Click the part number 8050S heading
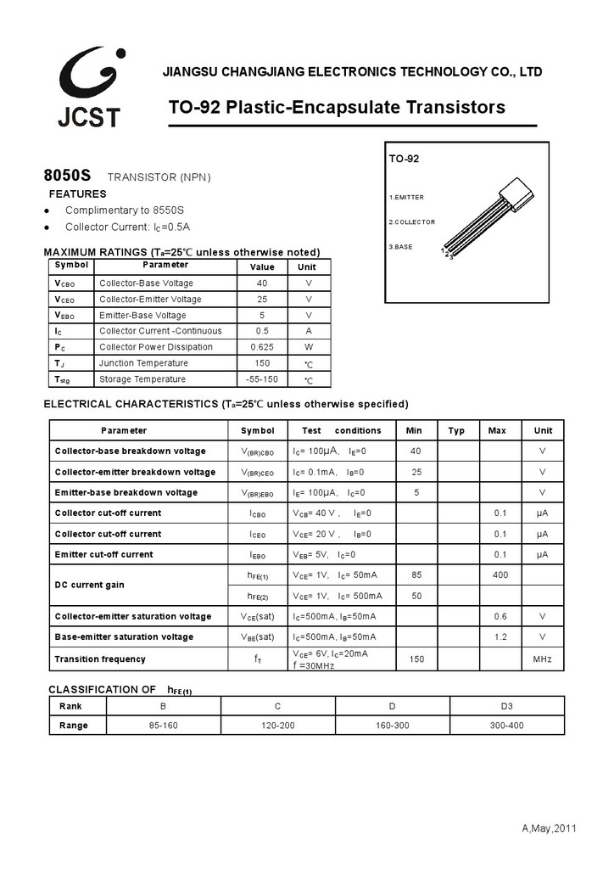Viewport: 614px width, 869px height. pyautogui.click(x=67, y=177)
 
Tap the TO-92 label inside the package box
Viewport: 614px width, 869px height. pyautogui.click(x=404, y=159)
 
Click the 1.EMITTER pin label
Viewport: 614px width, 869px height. pyautogui.click(x=406, y=197)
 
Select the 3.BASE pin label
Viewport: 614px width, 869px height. pyautogui.click(x=401, y=246)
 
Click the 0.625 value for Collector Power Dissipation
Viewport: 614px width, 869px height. pyautogui.click(x=262, y=347)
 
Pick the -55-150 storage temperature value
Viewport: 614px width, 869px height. pyautogui.click(x=262, y=379)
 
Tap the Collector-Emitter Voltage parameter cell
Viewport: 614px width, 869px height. pyautogui.click(x=150, y=300)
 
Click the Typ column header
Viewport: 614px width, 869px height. pyautogui.click(x=456, y=430)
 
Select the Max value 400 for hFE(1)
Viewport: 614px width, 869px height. pyautogui.click(x=500, y=575)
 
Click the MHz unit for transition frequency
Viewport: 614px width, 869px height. pyautogui.click(x=543, y=659)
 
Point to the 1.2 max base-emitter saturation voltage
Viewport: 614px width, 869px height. pyautogui.click(x=500, y=636)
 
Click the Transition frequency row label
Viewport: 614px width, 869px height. pyautogui.click(x=100, y=659)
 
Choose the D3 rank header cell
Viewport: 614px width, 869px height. pyautogui.click(x=506, y=706)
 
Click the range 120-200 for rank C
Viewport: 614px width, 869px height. pyautogui.click(x=278, y=726)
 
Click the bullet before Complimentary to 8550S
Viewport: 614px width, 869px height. pyautogui.click(x=47, y=210)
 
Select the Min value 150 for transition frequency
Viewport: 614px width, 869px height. pyautogui.click(x=416, y=659)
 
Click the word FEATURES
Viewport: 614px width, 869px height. pyautogui.click(x=77, y=194)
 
